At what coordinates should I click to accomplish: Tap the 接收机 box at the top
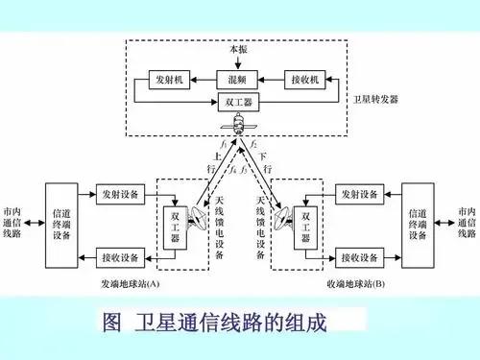click(x=306, y=78)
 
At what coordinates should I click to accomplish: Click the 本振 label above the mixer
click(x=238, y=48)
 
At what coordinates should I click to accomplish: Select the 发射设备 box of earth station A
click(x=121, y=195)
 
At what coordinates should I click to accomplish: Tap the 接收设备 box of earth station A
click(x=121, y=256)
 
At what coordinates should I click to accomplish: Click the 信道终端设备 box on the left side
click(x=60, y=224)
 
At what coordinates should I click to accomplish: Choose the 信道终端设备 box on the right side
click(x=418, y=224)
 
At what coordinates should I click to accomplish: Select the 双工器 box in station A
click(x=175, y=227)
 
